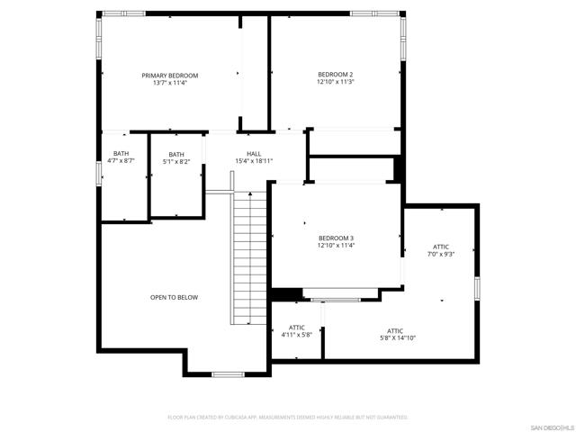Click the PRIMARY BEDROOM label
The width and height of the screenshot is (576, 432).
[169, 76]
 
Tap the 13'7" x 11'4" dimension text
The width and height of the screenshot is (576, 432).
[169, 84]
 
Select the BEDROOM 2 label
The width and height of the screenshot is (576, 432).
[335, 74]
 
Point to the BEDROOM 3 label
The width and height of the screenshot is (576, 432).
[335, 237]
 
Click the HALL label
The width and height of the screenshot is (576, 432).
[254, 153]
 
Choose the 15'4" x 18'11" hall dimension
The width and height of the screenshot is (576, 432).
[254, 161]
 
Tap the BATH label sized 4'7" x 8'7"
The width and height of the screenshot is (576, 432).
[121, 153]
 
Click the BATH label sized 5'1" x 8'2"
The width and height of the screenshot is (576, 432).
[175, 154]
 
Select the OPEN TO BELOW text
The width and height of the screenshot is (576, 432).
[174, 297]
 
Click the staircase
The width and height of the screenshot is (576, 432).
[249, 256]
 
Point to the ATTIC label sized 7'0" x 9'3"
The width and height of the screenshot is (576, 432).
[440, 246]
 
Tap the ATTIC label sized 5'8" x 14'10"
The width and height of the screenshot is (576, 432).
[395, 330]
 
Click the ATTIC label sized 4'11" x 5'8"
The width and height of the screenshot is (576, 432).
[296, 327]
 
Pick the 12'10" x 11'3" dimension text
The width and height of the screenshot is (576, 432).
[335, 82]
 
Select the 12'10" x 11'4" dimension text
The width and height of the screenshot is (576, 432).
[335, 245]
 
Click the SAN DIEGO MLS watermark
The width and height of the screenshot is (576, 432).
[550, 426]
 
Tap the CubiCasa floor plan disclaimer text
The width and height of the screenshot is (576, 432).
[288, 418]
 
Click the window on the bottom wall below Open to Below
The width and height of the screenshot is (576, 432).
[227, 373]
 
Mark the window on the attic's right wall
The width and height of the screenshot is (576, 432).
[478, 287]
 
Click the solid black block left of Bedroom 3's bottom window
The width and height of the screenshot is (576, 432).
[287, 294]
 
